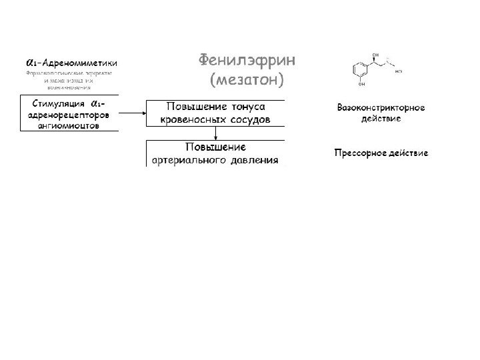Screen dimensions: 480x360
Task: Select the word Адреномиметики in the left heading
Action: (79, 61)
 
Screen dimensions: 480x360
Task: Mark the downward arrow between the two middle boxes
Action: (215, 133)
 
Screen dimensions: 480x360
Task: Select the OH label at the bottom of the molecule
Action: (361, 85)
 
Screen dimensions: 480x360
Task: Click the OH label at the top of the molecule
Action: (376, 55)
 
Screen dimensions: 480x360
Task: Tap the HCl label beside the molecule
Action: (399, 70)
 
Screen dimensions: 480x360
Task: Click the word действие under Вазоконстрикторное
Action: (381, 119)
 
